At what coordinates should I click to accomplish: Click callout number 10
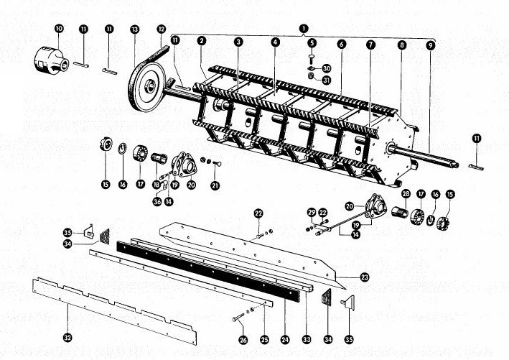pyautogui.click(x=59, y=29)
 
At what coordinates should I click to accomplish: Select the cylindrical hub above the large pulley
pyautogui.click(x=51, y=60)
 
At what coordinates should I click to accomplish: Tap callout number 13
pyautogui.click(x=134, y=29)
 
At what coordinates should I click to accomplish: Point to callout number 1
pyautogui.click(x=304, y=28)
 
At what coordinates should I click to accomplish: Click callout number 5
pyautogui.click(x=312, y=42)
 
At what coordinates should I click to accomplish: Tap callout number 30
pyautogui.click(x=327, y=68)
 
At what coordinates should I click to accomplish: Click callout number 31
pyautogui.click(x=327, y=80)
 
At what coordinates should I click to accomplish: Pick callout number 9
pyautogui.click(x=431, y=45)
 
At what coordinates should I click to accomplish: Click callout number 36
pyautogui.click(x=157, y=201)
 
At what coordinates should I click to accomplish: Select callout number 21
pyautogui.click(x=215, y=185)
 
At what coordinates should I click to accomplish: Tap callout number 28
pyautogui.click(x=406, y=194)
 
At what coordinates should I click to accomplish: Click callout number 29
pyautogui.click(x=312, y=213)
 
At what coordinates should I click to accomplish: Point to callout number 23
pyautogui.click(x=365, y=277)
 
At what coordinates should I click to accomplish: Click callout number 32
pyautogui.click(x=67, y=338)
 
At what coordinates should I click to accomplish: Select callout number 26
pyautogui.click(x=243, y=340)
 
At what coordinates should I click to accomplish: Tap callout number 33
pyautogui.click(x=307, y=340)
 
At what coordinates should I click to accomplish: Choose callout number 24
pyautogui.click(x=285, y=340)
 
